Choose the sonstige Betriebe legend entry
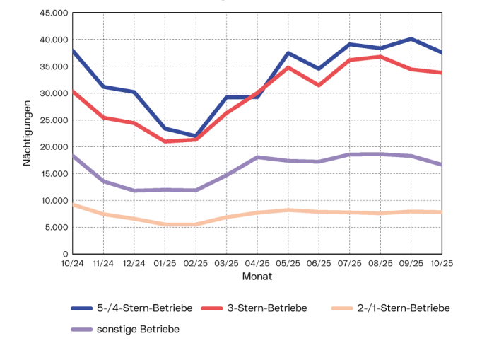(137, 330)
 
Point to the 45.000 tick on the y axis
(53, 13)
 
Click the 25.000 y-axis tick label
(53, 120)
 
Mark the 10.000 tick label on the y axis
(53, 201)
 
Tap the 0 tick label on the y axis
(64, 254)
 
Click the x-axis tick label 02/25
(196, 263)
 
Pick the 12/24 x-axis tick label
(134, 263)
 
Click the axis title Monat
(257, 277)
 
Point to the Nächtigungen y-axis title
(28, 134)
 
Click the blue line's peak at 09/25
(411, 39)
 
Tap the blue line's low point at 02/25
(196, 136)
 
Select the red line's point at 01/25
(165, 141)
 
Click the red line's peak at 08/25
(380, 57)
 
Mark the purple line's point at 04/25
(257, 157)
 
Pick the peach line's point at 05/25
(288, 210)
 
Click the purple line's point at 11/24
(104, 182)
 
